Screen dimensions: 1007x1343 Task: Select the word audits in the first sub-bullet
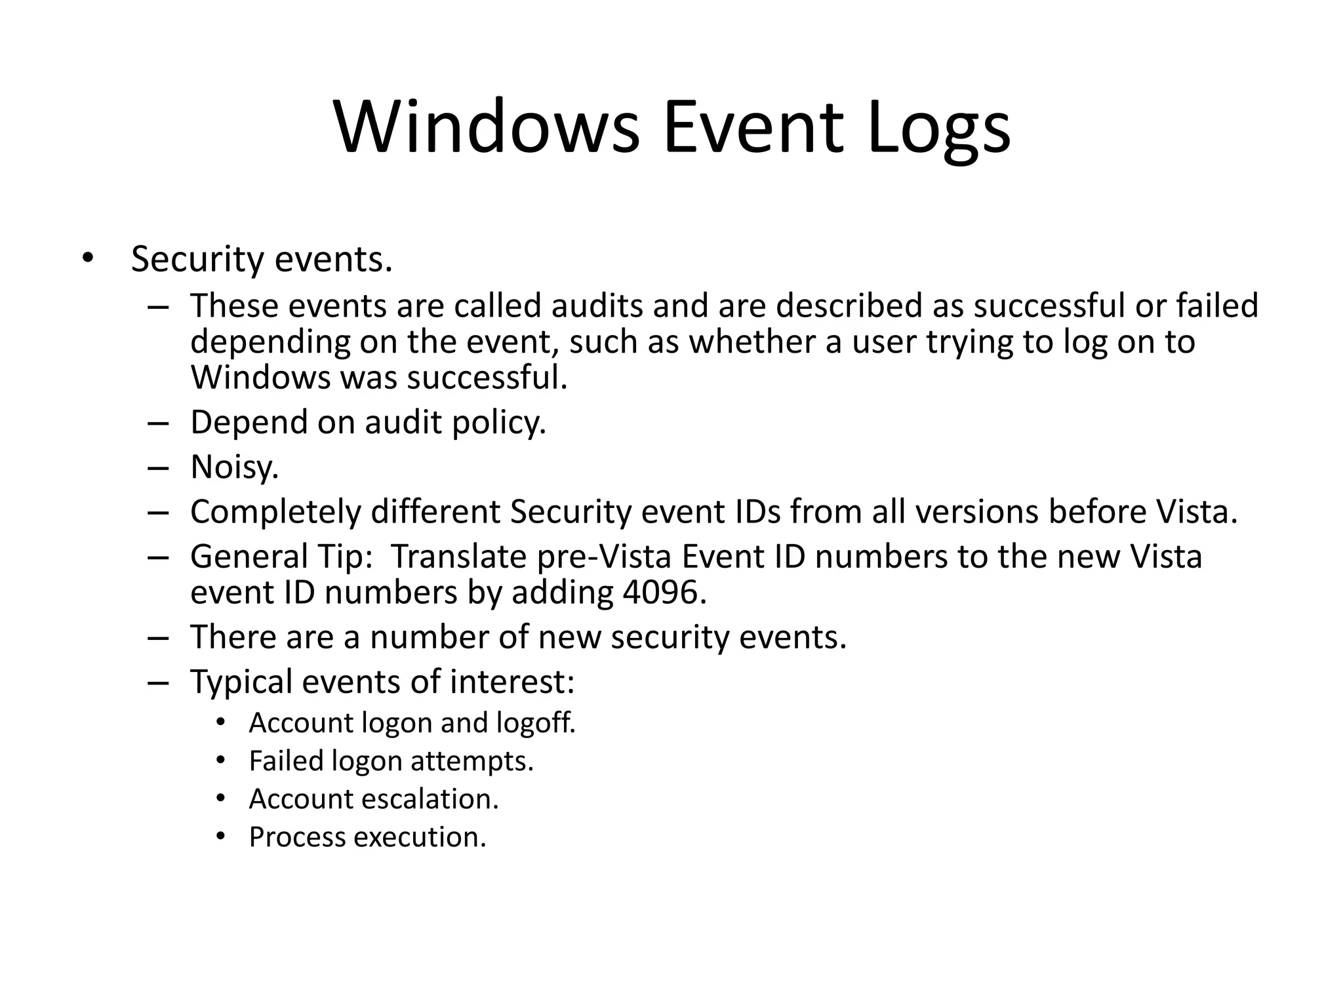click(x=597, y=306)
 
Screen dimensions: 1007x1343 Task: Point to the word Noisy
click(x=235, y=467)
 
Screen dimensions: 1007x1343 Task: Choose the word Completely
click(x=275, y=512)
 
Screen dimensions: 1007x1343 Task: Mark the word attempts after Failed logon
click(x=471, y=762)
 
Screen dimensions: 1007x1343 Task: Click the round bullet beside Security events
click(x=88, y=258)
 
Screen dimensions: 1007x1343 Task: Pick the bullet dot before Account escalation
click(x=220, y=799)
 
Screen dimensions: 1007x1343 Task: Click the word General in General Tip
click(x=249, y=557)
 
